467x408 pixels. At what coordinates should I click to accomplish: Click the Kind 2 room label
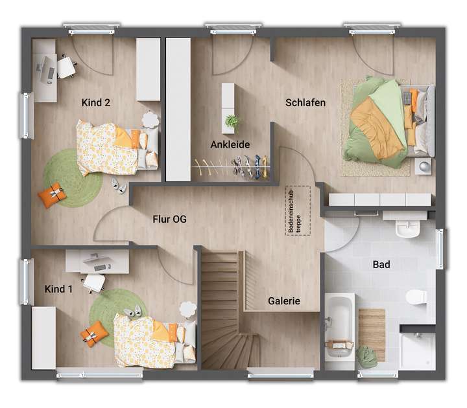click(95, 102)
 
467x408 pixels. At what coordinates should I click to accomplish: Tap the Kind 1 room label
click(58, 289)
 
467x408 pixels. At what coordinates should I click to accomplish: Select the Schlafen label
click(305, 102)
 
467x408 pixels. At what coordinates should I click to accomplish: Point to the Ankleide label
click(230, 145)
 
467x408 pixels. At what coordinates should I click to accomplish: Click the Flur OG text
click(169, 220)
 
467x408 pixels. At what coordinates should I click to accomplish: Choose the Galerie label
click(284, 301)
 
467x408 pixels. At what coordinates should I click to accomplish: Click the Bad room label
click(381, 264)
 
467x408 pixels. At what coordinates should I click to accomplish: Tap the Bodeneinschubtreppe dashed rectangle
click(298, 210)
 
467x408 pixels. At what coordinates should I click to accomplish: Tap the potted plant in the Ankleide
click(232, 121)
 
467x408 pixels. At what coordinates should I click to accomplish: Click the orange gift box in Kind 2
click(52, 194)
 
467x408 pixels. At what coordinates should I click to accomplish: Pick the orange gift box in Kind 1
click(94, 333)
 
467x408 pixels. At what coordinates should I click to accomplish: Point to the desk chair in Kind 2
click(66, 67)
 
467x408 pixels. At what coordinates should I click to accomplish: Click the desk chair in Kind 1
click(95, 282)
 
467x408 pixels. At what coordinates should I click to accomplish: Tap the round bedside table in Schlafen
click(424, 166)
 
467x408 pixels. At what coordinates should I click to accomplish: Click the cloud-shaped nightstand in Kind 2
click(150, 120)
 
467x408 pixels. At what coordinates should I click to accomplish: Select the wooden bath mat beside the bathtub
click(372, 334)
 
